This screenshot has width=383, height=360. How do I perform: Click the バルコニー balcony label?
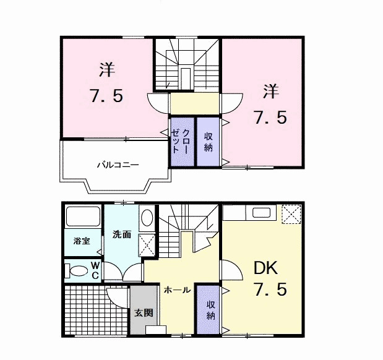[118, 165]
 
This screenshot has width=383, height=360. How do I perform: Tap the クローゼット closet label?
[181, 141]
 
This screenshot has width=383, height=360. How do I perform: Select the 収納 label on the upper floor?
[208, 142]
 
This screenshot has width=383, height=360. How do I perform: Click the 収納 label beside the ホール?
[210, 310]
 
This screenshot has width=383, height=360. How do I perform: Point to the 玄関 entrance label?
[144, 313]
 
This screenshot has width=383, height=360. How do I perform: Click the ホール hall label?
[177, 290]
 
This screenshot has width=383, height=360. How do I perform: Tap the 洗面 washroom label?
[122, 234]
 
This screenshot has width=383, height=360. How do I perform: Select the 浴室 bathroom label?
[82, 241]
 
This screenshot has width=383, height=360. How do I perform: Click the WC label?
[95, 270]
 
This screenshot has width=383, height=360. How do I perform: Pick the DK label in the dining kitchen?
[266, 268]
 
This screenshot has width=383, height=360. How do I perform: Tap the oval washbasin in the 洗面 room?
[147, 218]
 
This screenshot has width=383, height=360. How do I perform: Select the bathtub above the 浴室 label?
[83, 216]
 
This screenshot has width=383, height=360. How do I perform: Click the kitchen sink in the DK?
[261, 213]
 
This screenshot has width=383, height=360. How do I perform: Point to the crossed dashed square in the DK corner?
[291, 214]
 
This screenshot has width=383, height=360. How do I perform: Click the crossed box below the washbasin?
[147, 245]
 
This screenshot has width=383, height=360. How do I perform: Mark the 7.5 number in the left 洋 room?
[106, 96]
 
